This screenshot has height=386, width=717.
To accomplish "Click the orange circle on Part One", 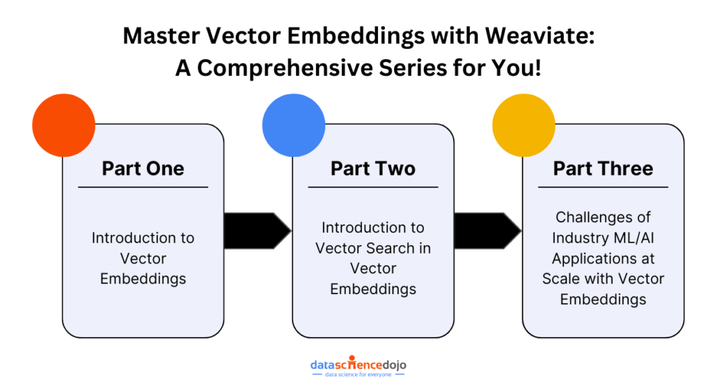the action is pos(63,125).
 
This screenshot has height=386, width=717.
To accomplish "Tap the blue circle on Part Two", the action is pos(294,125).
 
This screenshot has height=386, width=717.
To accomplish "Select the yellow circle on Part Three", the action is pos(523,125).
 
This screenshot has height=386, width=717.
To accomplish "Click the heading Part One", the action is pos(143,169).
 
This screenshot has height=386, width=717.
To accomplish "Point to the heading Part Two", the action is pos(373,169).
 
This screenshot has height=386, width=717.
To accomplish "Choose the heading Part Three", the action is pos(603,169).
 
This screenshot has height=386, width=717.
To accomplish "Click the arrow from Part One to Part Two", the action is pos(258,231).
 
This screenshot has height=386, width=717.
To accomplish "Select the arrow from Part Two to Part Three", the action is pos(487,231).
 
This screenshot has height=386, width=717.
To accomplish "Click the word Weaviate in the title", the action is pos(539,36).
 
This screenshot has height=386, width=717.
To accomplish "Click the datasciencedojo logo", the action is pos(358,366).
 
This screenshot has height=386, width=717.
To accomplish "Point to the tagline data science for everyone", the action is pos(358,375).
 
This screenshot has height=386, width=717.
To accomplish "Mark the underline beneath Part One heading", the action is pos(143,187).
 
